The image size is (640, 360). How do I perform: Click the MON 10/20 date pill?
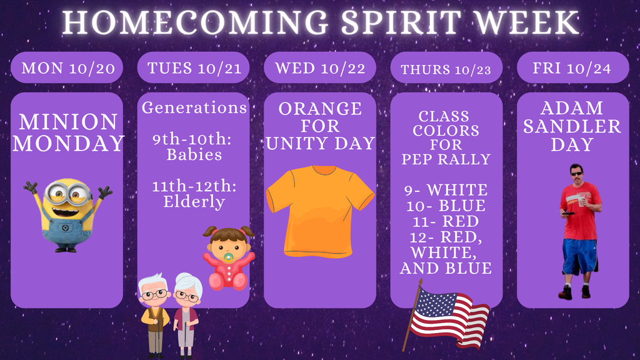[67, 67]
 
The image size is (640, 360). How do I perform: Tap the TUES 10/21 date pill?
[194, 67]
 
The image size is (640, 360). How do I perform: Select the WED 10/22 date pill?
[320, 67]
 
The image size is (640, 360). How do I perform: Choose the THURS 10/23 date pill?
[446, 69]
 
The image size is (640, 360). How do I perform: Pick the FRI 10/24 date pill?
[572, 67]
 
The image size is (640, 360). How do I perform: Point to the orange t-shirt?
[319, 209]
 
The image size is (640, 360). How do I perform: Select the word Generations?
[194, 107]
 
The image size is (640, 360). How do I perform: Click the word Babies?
[194, 154]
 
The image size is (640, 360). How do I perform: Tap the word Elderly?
[194, 201]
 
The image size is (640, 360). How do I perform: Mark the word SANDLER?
[572, 126]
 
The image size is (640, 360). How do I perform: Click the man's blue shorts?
[579, 255]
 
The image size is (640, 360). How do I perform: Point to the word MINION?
[67, 121]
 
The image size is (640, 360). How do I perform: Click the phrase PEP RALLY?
[446, 159]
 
